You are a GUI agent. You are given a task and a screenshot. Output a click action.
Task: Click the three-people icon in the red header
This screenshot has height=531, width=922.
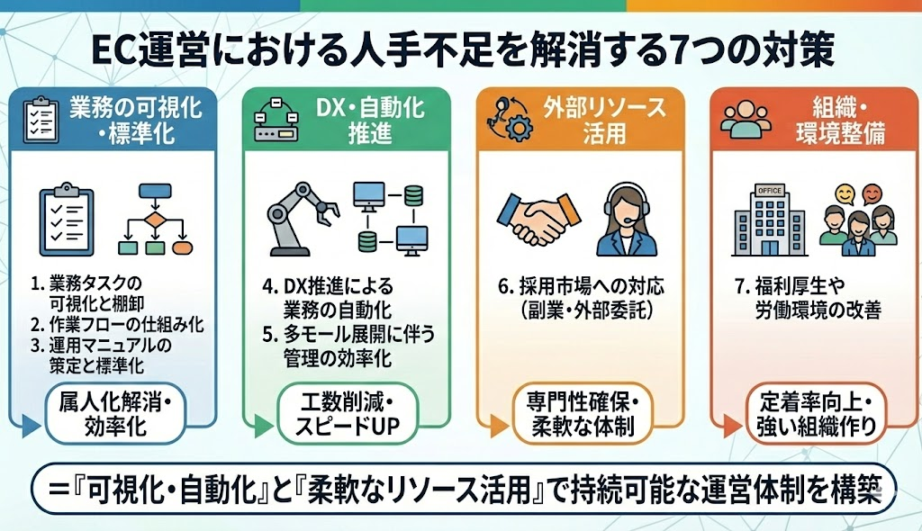[x=744, y=121]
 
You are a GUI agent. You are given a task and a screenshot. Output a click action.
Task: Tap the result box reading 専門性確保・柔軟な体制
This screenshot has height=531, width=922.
[x=579, y=413]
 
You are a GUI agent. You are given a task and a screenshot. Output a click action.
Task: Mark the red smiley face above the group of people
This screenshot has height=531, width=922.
[x=871, y=193]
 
